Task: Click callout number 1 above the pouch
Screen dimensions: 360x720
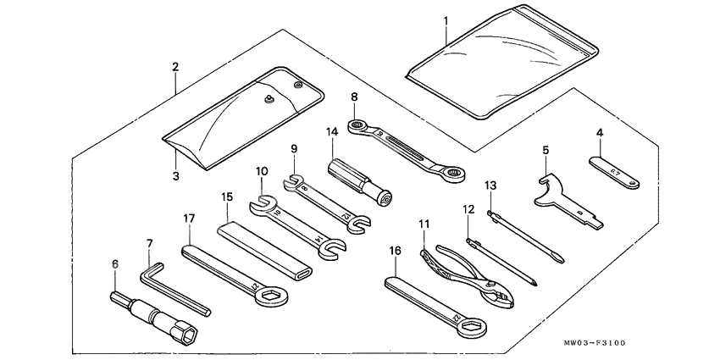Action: (x=446, y=19)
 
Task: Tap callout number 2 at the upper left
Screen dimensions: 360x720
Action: (x=174, y=66)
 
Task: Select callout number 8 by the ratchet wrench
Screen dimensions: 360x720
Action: (x=354, y=98)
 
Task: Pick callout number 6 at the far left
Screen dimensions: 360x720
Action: (x=115, y=263)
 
